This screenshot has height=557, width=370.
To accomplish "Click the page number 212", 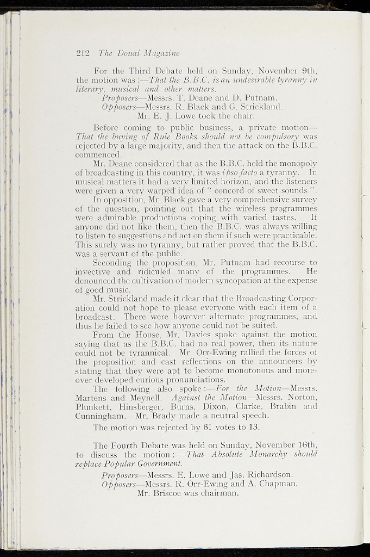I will point(83,53).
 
